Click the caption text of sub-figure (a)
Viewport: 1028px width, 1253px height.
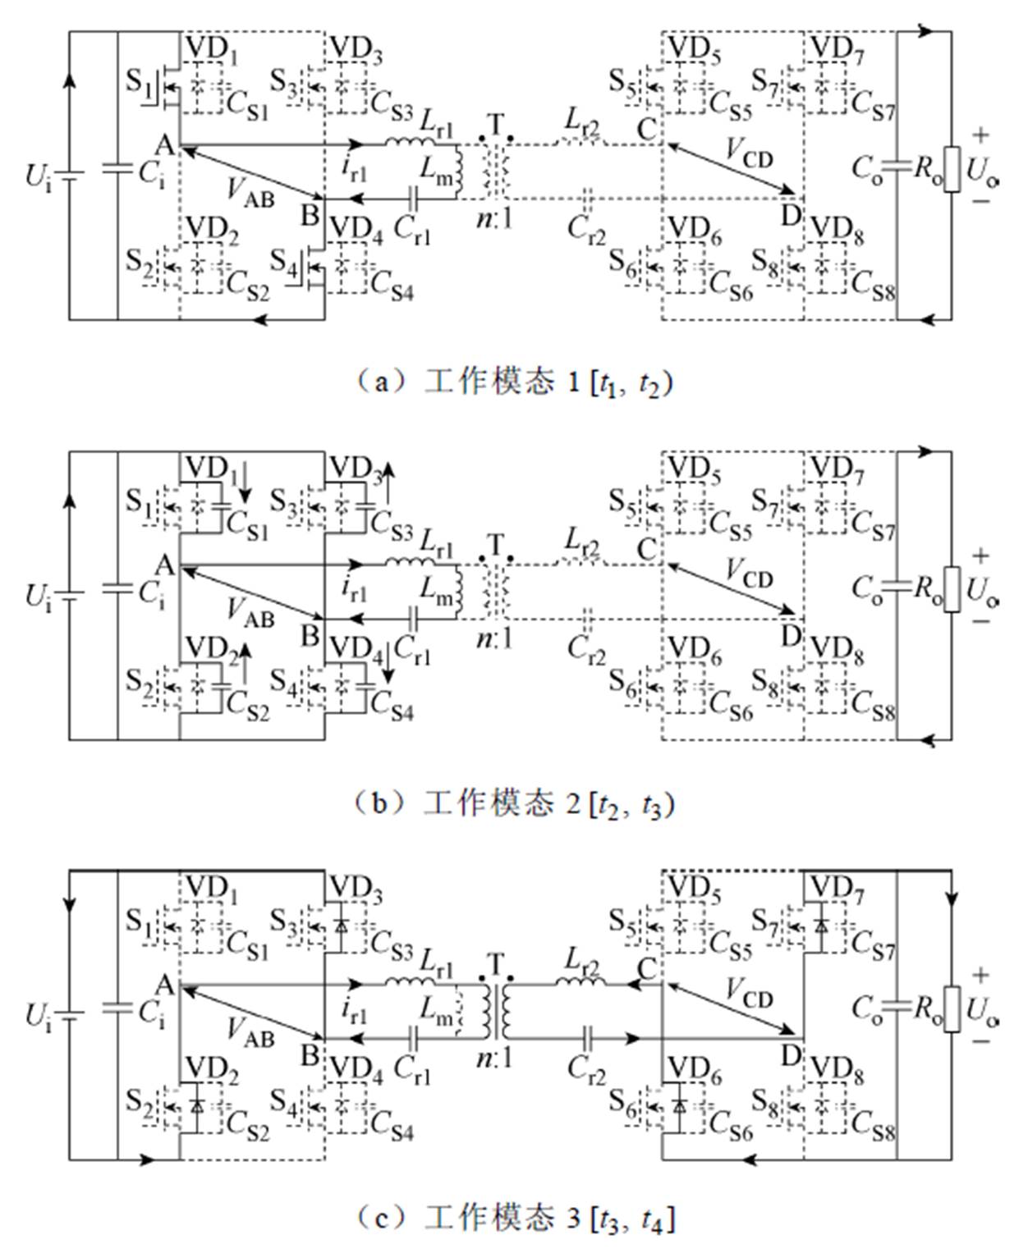tap(514, 382)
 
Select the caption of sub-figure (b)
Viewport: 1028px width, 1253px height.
tap(514, 803)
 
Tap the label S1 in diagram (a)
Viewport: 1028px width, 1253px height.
tap(139, 81)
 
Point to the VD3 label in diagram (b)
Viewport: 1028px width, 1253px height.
tap(355, 470)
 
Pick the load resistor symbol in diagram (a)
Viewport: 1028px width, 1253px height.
tap(952, 169)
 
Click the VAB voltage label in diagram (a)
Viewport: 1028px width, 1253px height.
tap(250, 193)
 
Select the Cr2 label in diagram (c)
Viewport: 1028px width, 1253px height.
tap(586, 1068)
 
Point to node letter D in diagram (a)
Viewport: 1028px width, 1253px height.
tap(790, 215)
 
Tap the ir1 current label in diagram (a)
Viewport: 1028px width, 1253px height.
tap(354, 167)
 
